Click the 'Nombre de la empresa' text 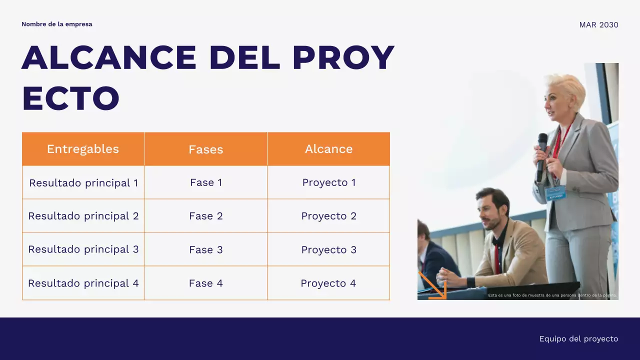coord(56,24)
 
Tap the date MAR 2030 coord(598,25)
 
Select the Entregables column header coord(83,149)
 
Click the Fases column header coord(205,149)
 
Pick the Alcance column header coord(328,149)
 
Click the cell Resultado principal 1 coord(83,183)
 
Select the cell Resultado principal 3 coord(83,249)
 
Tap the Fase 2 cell coord(205,216)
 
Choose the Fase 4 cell coord(205,283)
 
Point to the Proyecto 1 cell coord(328,183)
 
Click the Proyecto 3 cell coord(328,250)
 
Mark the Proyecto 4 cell coord(328,283)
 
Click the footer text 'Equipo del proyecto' coord(578,339)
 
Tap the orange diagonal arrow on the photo coord(432,285)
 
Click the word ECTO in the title coord(70,98)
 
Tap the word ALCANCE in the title coord(109,57)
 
